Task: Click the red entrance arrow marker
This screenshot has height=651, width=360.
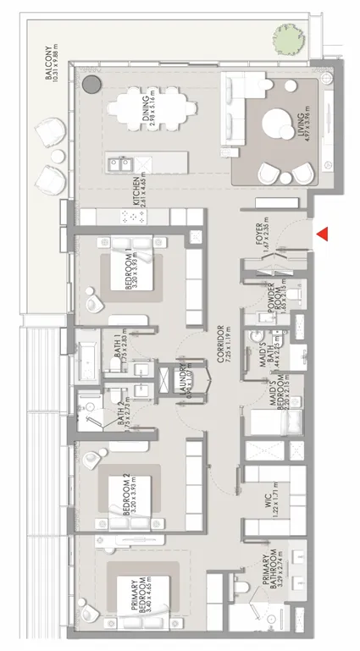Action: tap(323, 234)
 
